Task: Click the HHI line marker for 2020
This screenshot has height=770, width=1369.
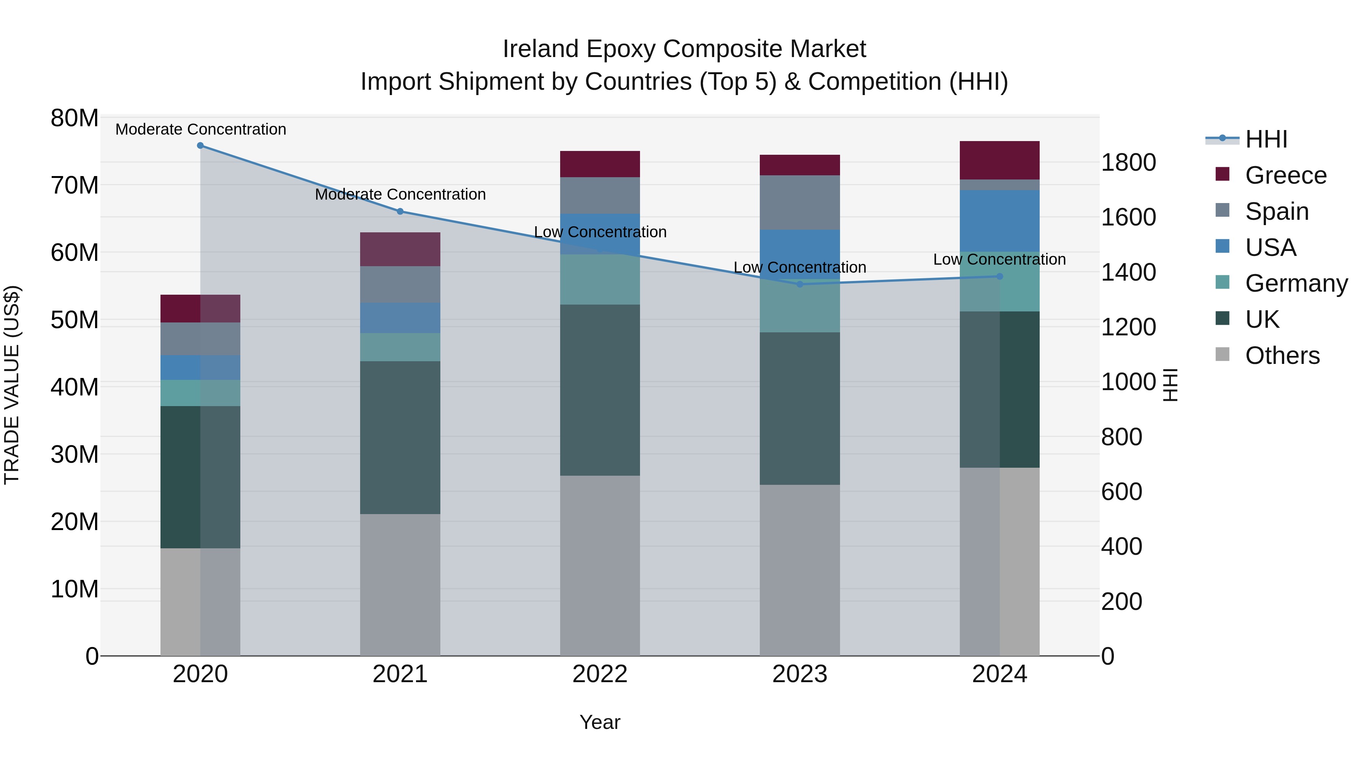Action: pyautogui.click(x=200, y=146)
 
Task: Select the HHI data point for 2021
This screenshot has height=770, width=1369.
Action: pyautogui.click(x=400, y=211)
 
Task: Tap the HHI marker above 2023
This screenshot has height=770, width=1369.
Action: pyautogui.click(x=800, y=284)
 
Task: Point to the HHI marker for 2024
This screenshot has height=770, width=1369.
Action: pyautogui.click(x=1000, y=276)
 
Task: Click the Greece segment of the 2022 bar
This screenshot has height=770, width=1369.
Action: pyautogui.click(x=600, y=164)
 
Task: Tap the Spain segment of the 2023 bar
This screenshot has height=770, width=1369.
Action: pyautogui.click(x=800, y=202)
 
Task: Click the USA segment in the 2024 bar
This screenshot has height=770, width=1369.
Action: pyautogui.click(x=1000, y=221)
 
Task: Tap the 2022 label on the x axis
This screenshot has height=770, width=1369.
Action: pyautogui.click(x=600, y=674)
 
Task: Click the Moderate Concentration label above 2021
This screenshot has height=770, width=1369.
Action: pyautogui.click(x=400, y=194)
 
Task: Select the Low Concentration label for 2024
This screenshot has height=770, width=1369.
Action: pyautogui.click(x=1000, y=259)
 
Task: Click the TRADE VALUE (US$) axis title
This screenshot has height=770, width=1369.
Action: pyautogui.click(x=12, y=385)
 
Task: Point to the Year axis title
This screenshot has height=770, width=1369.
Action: pyautogui.click(x=600, y=722)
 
